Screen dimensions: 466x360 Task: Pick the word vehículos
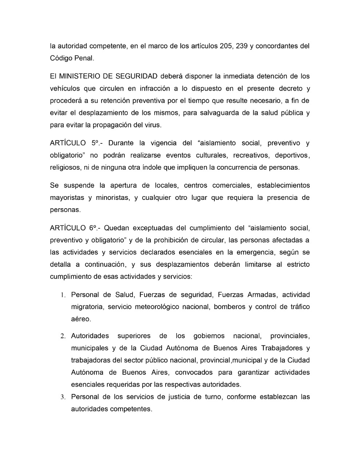pyautogui.click(x=65, y=88)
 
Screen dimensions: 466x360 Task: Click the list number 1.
pyautogui.click(x=63, y=295)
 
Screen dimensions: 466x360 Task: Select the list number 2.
pyautogui.click(x=63, y=336)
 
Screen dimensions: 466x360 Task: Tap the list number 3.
pyautogui.click(x=63, y=397)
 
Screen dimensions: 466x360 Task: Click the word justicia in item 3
pyautogui.click(x=177, y=397)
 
